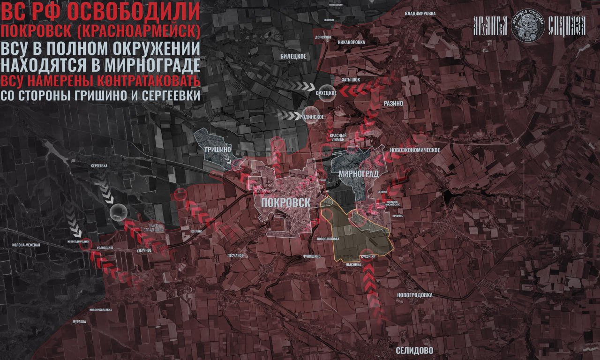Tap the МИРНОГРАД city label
[x=358, y=173]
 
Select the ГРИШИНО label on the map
[x=216, y=150]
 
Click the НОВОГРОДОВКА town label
[x=414, y=295]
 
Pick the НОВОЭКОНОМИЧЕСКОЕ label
[x=414, y=150]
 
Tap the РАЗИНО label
[x=393, y=103]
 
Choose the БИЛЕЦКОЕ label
[x=293, y=56]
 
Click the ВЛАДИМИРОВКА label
[x=420, y=14]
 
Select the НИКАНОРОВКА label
[x=351, y=42]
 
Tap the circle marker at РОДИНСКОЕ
[x=309, y=116]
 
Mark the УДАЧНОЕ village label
[x=144, y=250]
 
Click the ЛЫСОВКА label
[x=353, y=265]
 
